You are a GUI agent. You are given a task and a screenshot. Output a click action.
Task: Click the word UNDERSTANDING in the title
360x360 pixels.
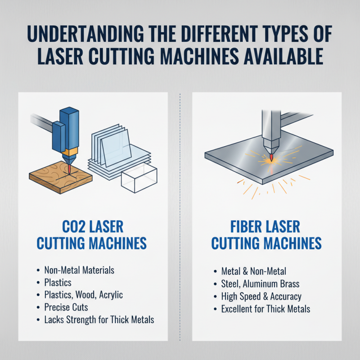[90, 35]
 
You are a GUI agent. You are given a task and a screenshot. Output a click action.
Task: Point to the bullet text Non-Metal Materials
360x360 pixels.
[79, 270]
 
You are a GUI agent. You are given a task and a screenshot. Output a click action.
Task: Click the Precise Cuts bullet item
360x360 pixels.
[66, 307]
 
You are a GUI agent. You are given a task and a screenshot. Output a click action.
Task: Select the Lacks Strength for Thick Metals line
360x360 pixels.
[99, 320]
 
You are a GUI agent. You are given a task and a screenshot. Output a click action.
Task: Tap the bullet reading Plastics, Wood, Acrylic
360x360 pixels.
[84, 295]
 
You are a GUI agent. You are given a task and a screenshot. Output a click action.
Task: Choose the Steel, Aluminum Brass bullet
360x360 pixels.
[261, 284]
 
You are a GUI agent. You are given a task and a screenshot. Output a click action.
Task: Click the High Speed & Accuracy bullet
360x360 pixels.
[261, 297]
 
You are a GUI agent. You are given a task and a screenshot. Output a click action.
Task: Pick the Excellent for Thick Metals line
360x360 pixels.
[266, 309]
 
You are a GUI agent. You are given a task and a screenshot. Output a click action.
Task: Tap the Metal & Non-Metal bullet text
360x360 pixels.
[254, 271]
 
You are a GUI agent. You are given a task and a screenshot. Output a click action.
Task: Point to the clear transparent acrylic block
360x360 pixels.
[139, 180]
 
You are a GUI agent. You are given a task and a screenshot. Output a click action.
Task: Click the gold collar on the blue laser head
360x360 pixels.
[71, 151]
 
